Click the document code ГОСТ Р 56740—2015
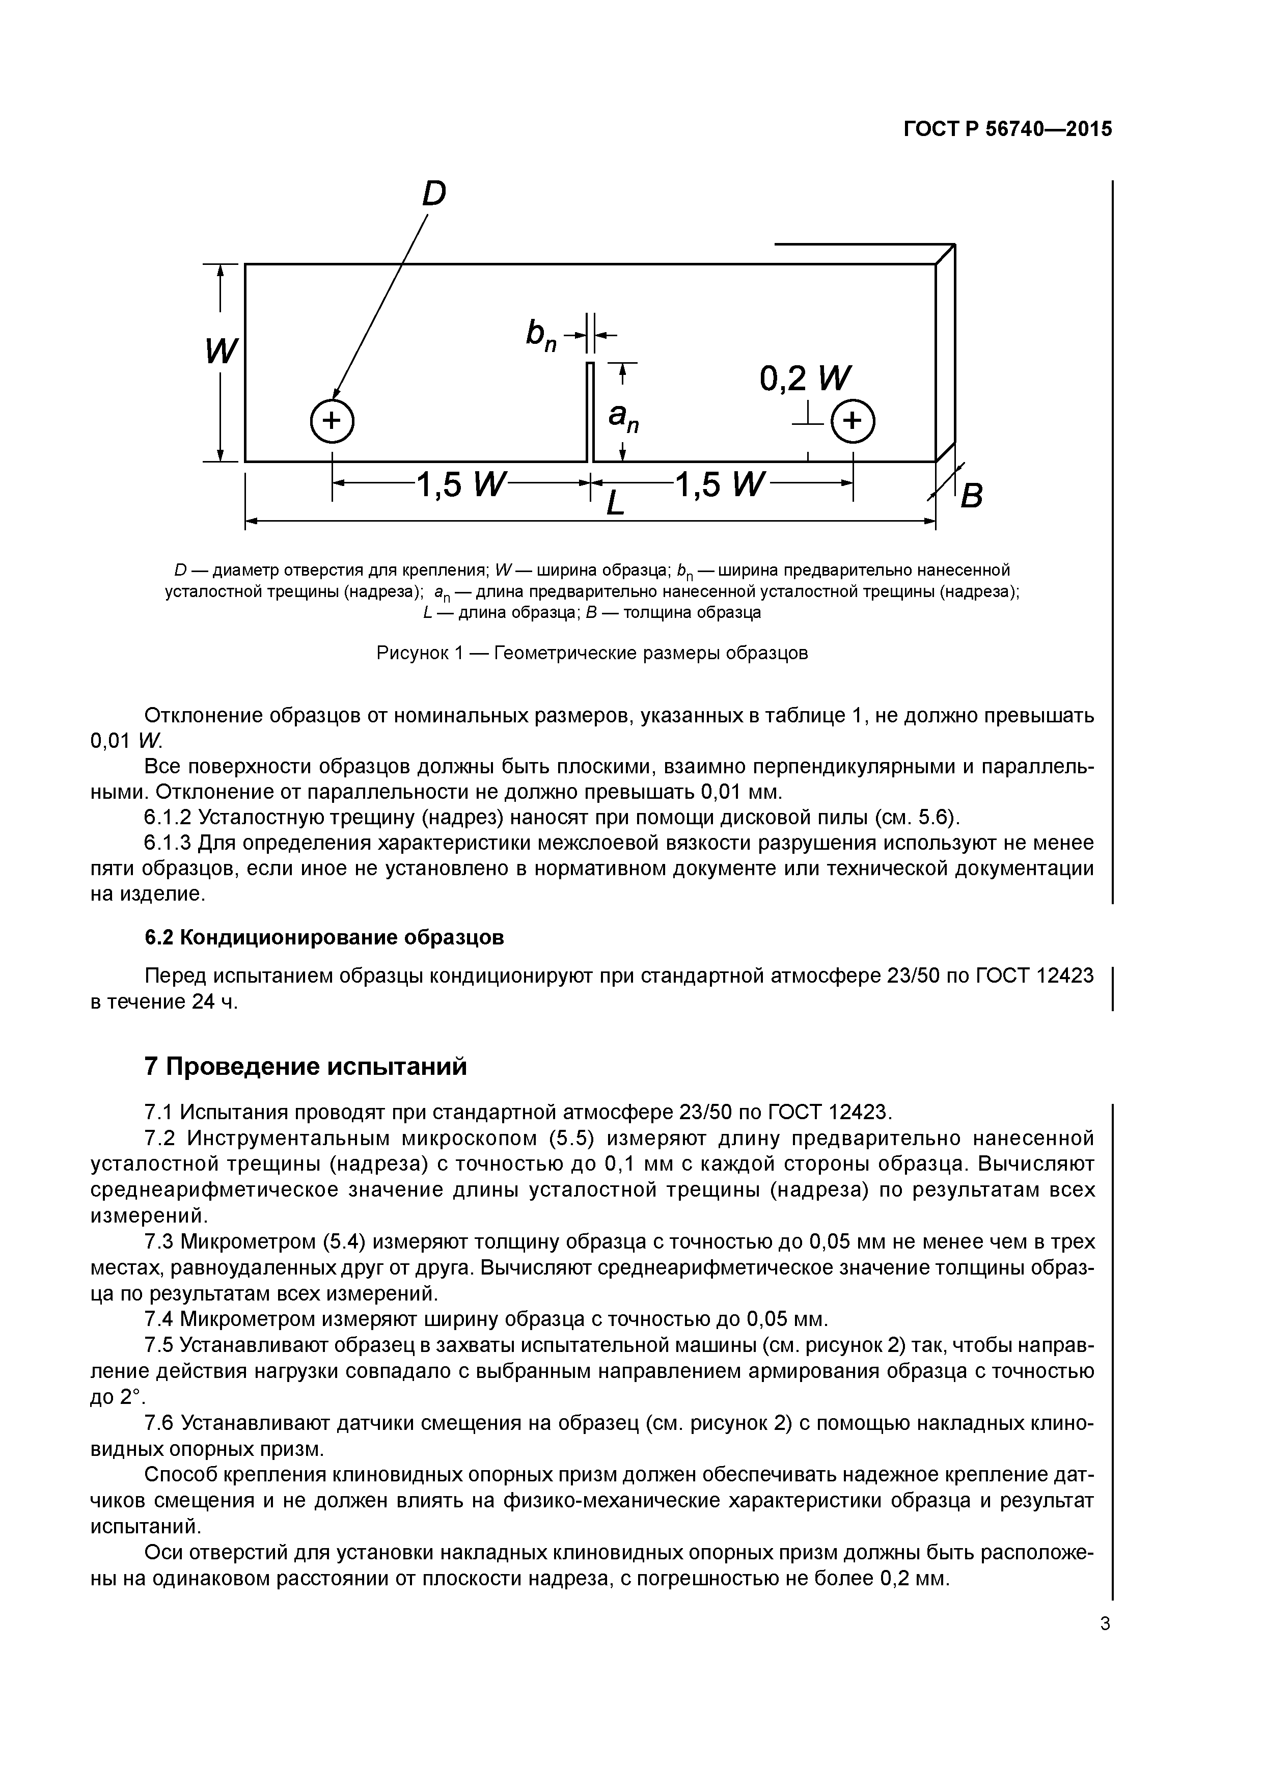pyautogui.click(x=1008, y=129)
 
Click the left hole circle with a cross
pyautogui.click(x=332, y=421)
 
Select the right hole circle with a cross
pyautogui.click(x=853, y=421)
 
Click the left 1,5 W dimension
pyautogui.click(x=461, y=485)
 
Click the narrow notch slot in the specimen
pyautogui.click(x=590, y=413)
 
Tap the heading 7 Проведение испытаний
pyautogui.click(x=306, y=1066)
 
